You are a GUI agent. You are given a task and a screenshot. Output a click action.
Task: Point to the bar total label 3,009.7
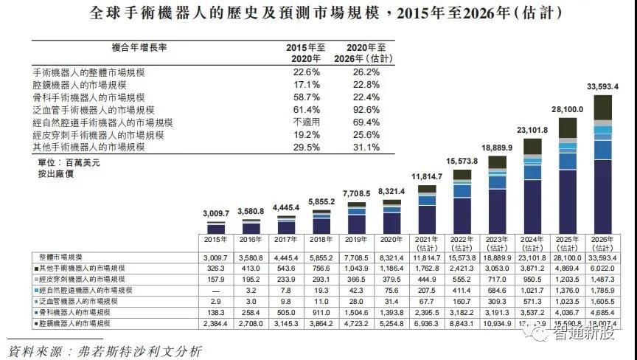(216, 213)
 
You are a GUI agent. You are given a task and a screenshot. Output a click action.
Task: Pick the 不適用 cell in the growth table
(306, 122)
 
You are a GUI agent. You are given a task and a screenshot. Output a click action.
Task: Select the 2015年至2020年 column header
(306, 52)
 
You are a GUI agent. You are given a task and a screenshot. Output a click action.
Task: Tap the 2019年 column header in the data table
(357, 240)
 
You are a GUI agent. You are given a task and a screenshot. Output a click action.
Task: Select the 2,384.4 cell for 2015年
(216, 324)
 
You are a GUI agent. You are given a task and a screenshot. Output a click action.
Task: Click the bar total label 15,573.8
(462, 161)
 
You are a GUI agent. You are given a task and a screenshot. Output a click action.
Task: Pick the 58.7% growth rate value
(306, 97)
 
